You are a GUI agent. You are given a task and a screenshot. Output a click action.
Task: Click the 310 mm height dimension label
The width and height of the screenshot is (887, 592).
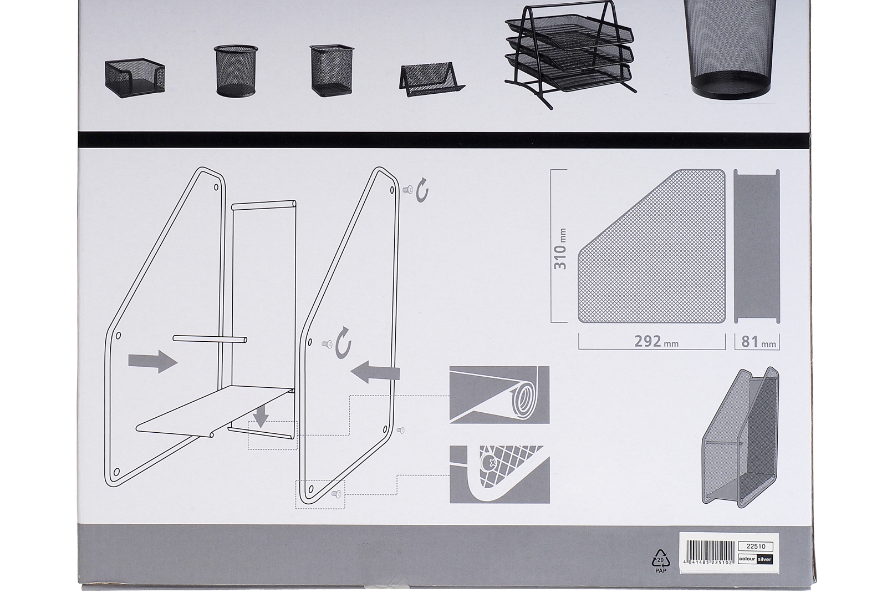point(560,249)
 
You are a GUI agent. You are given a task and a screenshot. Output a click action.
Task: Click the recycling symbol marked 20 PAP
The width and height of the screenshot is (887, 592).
point(661,561)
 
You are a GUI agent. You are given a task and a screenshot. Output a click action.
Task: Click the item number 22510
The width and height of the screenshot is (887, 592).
point(756,547)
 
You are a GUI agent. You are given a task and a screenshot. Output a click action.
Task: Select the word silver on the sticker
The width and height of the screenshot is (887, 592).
point(764,559)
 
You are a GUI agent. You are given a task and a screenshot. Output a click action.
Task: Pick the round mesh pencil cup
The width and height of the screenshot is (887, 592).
point(236,70)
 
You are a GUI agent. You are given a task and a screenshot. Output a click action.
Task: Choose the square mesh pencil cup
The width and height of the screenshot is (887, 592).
point(332,70)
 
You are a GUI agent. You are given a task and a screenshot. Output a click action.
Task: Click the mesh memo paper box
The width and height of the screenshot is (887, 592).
point(135,78)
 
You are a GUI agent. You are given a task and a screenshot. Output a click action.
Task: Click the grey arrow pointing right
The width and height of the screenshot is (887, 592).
point(152,361)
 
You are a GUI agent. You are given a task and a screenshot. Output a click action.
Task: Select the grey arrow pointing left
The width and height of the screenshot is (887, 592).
point(375,372)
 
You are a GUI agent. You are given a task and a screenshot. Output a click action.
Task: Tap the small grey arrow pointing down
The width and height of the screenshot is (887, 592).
point(261,417)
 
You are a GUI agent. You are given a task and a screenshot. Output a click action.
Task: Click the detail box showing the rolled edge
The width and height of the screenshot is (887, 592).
point(499,394)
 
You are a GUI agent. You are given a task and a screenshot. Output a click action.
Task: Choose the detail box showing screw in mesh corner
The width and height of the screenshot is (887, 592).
point(499,474)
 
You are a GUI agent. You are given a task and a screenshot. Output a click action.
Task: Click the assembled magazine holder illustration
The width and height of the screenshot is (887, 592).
point(740,438)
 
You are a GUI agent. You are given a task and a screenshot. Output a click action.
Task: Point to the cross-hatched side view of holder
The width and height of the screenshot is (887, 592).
point(652,246)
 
